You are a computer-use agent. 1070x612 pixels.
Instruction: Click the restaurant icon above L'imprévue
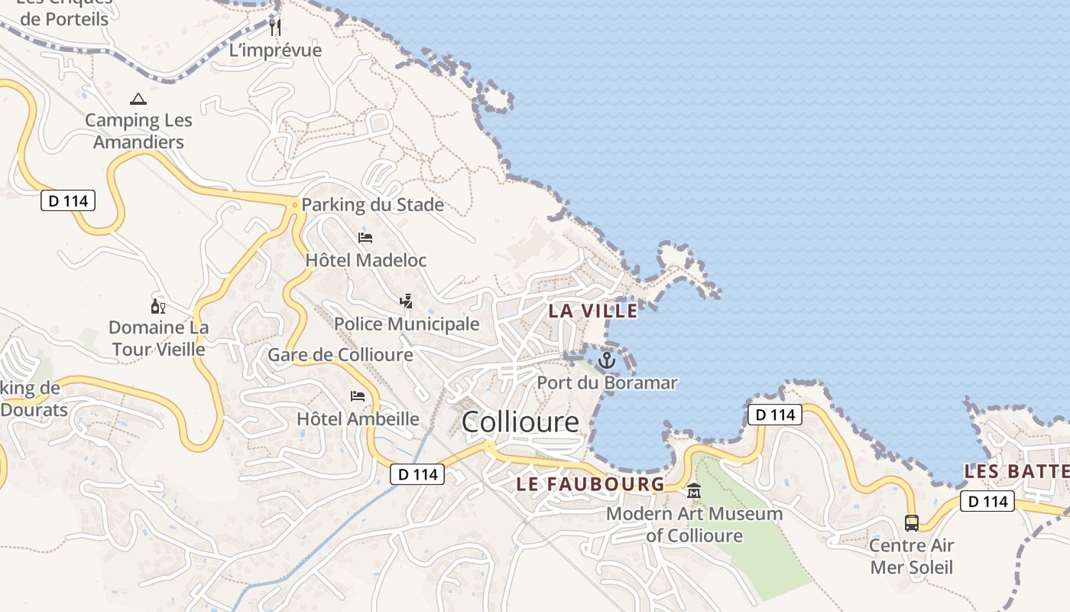pyautogui.click(x=276, y=28)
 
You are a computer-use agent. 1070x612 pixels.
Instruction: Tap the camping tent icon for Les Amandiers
pyautogui.click(x=138, y=99)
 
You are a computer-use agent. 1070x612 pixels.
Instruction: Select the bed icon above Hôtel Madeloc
pyautogui.click(x=365, y=238)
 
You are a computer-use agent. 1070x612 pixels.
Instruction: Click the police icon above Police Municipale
pyautogui.click(x=407, y=301)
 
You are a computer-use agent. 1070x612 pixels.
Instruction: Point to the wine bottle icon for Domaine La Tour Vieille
pyautogui.click(x=158, y=306)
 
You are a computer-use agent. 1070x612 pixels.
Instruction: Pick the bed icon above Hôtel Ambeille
pyautogui.click(x=358, y=396)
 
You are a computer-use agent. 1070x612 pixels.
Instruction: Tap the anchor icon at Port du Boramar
pyautogui.click(x=607, y=360)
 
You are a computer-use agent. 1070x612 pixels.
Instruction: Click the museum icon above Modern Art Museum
pyautogui.click(x=694, y=491)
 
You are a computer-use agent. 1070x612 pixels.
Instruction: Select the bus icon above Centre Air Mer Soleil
pyautogui.click(x=912, y=523)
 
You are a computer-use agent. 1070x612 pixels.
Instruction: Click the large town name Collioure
pyautogui.click(x=520, y=422)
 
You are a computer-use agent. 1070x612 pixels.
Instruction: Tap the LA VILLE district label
pyautogui.click(x=593, y=311)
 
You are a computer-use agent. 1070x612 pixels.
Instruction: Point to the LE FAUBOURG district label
pyautogui.click(x=590, y=483)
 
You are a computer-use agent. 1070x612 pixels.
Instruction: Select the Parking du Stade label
pyautogui.click(x=372, y=205)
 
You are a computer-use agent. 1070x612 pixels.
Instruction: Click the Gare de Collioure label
pyautogui.click(x=340, y=355)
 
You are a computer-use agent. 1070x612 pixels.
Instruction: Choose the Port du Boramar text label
pyautogui.click(x=607, y=382)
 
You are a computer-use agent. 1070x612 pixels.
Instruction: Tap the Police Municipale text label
pyautogui.click(x=407, y=324)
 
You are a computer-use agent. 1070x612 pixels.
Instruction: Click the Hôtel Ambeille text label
pyautogui.click(x=358, y=418)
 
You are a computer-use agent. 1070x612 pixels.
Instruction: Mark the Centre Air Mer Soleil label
pyautogui.click(x=912, y=556)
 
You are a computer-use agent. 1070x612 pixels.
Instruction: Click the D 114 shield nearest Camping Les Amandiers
pyautogui.click(x=68, y=201)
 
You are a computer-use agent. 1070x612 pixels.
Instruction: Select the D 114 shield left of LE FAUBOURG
pyautogui.click(x=418, y=474)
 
